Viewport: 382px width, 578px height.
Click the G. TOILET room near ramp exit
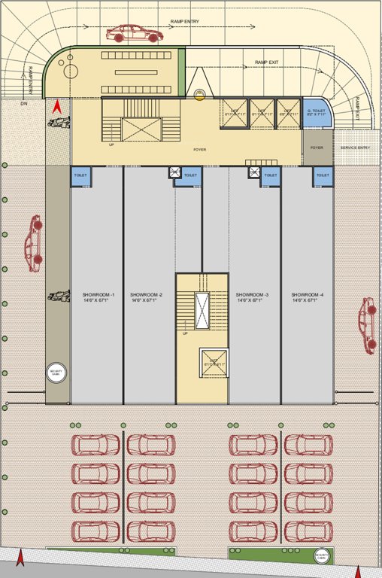(x=316, y=113)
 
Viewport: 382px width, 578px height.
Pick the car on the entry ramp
(x=135, y=33)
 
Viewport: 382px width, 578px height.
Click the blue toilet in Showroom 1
(x=81, y=175)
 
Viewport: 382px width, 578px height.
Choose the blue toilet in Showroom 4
(x=323, y=175)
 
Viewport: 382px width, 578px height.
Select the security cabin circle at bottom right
(x=323, y=556)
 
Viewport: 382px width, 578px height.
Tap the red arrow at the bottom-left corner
(x=21, y=559)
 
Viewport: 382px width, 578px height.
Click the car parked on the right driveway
(x=367, y=325)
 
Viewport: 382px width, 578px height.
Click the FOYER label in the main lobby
(x=199, y=149)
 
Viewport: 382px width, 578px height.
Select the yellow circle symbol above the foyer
(x=199, y=94)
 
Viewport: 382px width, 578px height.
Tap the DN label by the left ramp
(x=23, y=105)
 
